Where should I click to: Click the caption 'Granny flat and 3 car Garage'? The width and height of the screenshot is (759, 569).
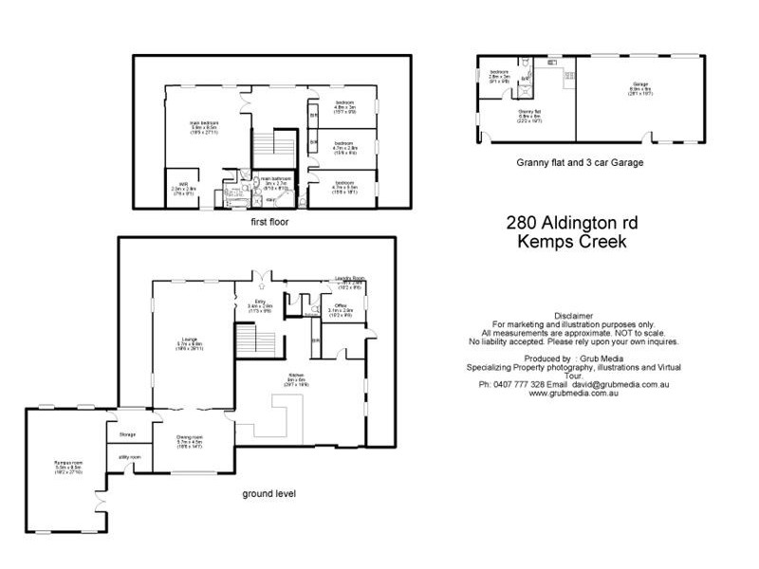point(579,162)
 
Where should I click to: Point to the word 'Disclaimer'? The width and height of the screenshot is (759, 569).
point(572,314)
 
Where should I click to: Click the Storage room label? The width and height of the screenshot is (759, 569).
point(127,434)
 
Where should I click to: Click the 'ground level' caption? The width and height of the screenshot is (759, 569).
point(270,494)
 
